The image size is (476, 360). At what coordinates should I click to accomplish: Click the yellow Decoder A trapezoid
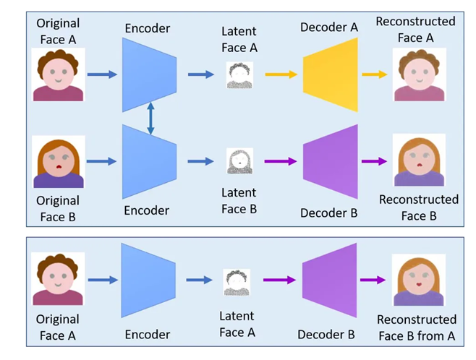[x=331, y=74]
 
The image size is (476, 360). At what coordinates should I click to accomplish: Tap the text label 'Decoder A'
[x=329, y=27]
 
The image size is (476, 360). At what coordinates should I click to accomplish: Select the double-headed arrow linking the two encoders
[x=150, y=119]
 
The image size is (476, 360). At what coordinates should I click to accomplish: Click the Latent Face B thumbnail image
[x=240, y=161]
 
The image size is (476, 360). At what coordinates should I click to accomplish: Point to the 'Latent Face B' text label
[x=239, y=201]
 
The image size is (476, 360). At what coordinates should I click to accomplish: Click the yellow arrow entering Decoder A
[x=281, y=74]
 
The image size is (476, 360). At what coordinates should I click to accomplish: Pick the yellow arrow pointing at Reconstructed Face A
[x=375, y=74]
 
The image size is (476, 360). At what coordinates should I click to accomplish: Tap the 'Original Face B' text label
[x=58, y=209]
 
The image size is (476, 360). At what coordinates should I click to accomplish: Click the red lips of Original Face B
[x=59, y=166]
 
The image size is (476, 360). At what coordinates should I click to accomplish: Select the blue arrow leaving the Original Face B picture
[x=101, y=161]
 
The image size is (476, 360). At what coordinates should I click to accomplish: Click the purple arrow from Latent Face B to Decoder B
[x=281, y=161]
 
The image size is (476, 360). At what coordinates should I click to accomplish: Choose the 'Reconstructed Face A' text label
[x=415, y=30]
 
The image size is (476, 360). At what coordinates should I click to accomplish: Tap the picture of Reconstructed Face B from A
[x=419, y=280]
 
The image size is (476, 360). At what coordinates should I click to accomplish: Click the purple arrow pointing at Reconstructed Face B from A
[x=373, y=280]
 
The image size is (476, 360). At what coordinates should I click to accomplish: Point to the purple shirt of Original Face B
[x=59, y=180]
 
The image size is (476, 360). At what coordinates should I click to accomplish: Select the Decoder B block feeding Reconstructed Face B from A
[x=329, y=280]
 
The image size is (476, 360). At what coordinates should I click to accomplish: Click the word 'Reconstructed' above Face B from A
[x=417, y=320]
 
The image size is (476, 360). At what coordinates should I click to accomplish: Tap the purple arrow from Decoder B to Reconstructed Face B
[x=374, y=161]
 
